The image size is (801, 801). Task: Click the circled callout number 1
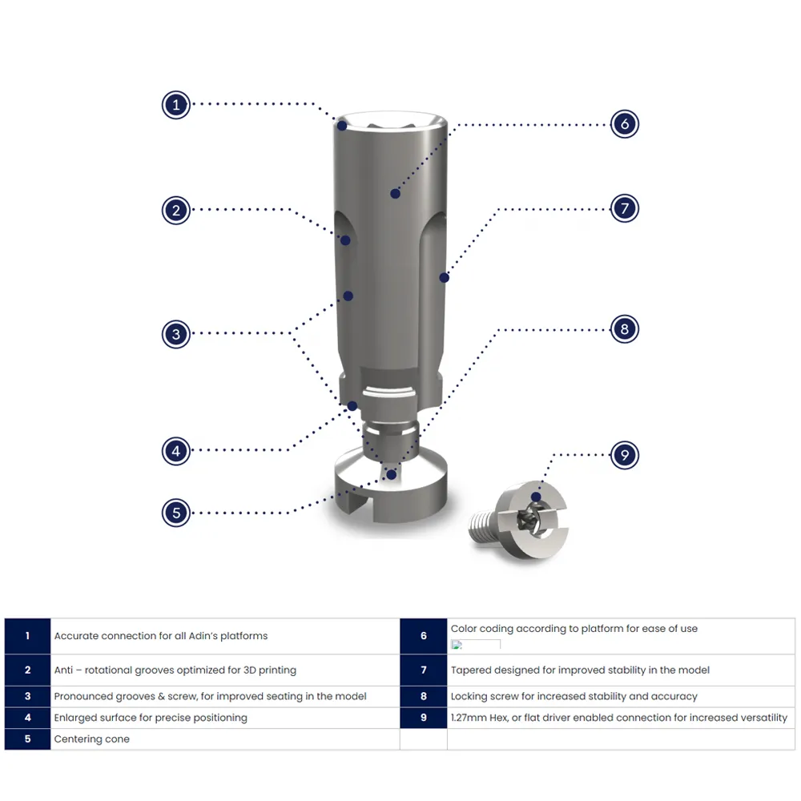[x=175, y=105]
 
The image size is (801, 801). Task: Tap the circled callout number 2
[x=175, y=210]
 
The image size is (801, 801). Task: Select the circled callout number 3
[x=175, y=334]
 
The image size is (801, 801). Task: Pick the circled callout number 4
[x=175, y=451]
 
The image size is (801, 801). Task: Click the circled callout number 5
[x=175, y=513]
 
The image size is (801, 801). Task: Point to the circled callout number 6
[x=624, y=123]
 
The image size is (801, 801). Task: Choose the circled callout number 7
[x=624, y=208]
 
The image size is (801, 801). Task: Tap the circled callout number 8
[x=624, y=329]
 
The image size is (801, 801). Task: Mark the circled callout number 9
[x=624, y=455]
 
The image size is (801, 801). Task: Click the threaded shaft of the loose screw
[x=482, y=527]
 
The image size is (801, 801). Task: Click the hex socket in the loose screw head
[x=526, y=519]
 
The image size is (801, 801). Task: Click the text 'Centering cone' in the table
[x=92, y=739]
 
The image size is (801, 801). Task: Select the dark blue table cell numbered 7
[x=424, y=670]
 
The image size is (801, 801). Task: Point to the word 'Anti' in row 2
[x=63, y=670]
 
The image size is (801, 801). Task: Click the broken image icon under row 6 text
[x=457, y=645]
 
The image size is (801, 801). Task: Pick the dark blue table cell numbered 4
[x=27, y=718]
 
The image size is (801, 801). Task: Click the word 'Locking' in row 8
[x=469, y=696]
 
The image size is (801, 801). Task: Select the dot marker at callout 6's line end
[x=395, y=194]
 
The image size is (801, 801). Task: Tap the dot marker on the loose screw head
[x=536, y=497]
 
